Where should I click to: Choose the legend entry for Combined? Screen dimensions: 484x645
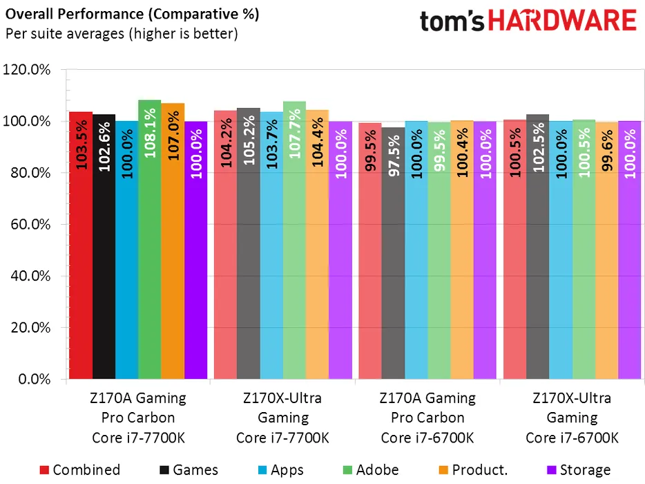point(80,470)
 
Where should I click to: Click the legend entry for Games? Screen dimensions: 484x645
point(189,470)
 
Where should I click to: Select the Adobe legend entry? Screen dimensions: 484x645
point(370,470)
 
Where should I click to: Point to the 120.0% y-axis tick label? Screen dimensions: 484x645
point(28,70)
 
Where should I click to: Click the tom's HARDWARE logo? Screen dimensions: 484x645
point(528,20)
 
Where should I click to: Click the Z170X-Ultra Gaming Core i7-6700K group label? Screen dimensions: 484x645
point(572,418)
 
